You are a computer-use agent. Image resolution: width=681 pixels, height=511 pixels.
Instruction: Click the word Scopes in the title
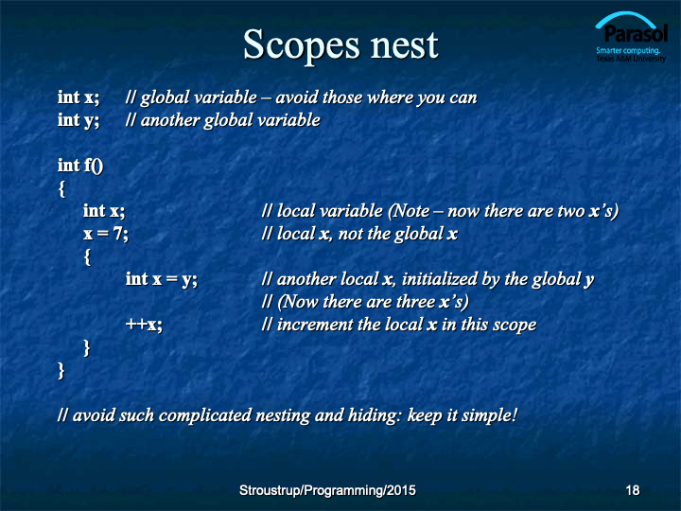(x=302, y=45)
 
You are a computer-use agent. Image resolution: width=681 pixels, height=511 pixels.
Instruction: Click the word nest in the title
(x=405, y=45)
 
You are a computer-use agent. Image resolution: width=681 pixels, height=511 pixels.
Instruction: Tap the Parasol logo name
(x=636, y=34)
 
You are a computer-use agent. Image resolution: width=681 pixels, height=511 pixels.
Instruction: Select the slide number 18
(x=633, y=490)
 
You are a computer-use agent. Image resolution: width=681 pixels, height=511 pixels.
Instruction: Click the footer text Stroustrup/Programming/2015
(x=327, y=490)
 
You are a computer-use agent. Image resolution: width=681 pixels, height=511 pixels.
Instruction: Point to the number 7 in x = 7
(x=118, y=234)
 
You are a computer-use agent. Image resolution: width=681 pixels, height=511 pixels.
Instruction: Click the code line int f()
(x=80, y=166)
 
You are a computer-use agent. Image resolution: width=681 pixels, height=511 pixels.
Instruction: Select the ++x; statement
(x=144, y=325)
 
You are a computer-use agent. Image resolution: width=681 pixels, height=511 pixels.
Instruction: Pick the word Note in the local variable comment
(x=410, y=211)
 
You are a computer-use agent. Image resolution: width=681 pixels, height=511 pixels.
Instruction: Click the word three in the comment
(x=412, y=302)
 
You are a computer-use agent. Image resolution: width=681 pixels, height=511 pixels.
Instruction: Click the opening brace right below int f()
(x=62, y=189)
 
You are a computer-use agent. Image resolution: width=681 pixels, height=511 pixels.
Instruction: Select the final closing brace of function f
(x=61, y=371)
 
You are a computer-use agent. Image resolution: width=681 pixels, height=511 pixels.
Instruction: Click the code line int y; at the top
(x=79, y=120)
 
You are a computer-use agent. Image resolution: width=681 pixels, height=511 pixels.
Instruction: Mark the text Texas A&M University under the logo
(x=631, y=59)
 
